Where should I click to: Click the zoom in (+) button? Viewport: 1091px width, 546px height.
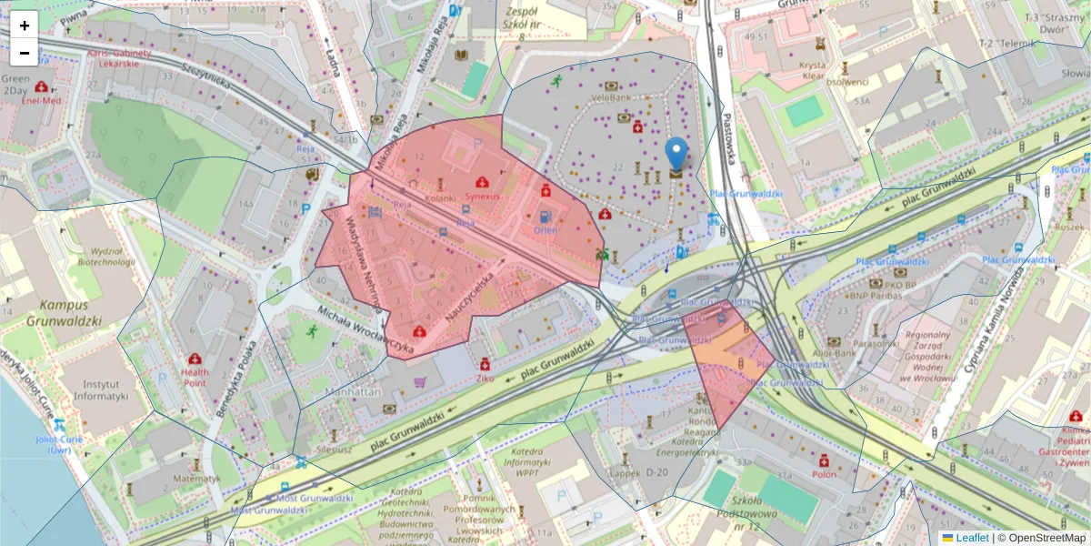25,25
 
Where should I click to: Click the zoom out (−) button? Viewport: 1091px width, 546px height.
25,53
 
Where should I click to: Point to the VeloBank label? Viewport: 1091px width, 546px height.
611,96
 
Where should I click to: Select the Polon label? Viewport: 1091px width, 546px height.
824,474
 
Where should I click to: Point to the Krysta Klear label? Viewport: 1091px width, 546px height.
812,71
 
